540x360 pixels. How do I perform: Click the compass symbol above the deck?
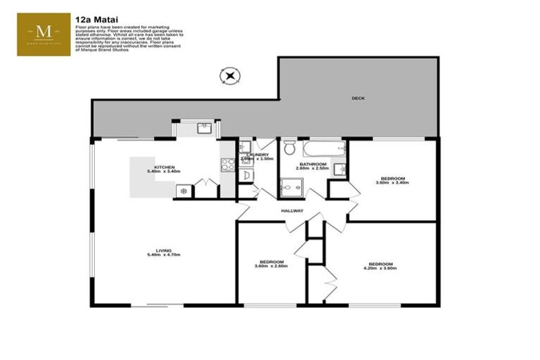click(x=230, y=75)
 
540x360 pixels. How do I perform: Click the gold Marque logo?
click(x=44, y=33)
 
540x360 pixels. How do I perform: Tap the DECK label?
click(x=359, y=98)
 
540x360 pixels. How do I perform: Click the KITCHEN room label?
click(x=164, y=167)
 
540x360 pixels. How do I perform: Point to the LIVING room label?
click(x=164, y=250)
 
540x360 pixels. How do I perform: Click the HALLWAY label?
click(x=292, y=211)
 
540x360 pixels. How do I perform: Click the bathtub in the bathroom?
click(x=323, y=148)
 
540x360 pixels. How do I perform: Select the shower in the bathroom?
click(x=290, y=186)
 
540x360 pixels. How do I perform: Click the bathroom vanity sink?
click(x=339, y=169)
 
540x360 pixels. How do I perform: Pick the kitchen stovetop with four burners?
click(x=228, y=165)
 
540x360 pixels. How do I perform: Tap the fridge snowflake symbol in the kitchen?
click(x=184, y=191)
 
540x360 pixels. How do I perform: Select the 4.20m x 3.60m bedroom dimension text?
click(x=380, y=268)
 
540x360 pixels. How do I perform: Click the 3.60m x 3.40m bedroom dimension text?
click(x=392, y=183)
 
